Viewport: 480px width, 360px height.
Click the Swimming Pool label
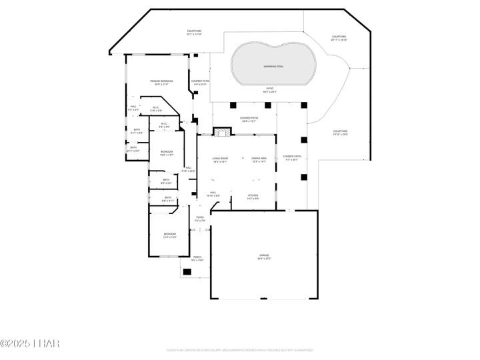tap(271, 67)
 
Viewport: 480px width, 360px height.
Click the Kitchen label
tap(253, 197)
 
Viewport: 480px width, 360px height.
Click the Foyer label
tap(200, 219)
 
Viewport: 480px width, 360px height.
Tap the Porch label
tap(197, 259)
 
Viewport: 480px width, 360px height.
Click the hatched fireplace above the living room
tap(221, 133)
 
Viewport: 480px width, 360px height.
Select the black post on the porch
tap(187, 272)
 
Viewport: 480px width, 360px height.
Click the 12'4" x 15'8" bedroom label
tap(170, 235)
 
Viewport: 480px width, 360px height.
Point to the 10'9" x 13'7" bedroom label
tap(166, 153)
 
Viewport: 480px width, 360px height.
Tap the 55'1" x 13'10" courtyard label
tap(194, 33)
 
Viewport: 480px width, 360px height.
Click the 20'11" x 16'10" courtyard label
tap(339, 38)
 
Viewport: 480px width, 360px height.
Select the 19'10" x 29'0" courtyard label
tap(340, 133)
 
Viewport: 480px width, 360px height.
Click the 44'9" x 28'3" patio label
tap(271, 90)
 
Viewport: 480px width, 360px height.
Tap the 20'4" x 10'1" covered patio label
tap(249, 119)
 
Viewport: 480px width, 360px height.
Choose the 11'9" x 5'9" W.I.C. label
tap(155, 109)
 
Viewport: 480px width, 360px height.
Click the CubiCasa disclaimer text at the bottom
tap(239, 349)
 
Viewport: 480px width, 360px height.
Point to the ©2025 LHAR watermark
tap(30, 343)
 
